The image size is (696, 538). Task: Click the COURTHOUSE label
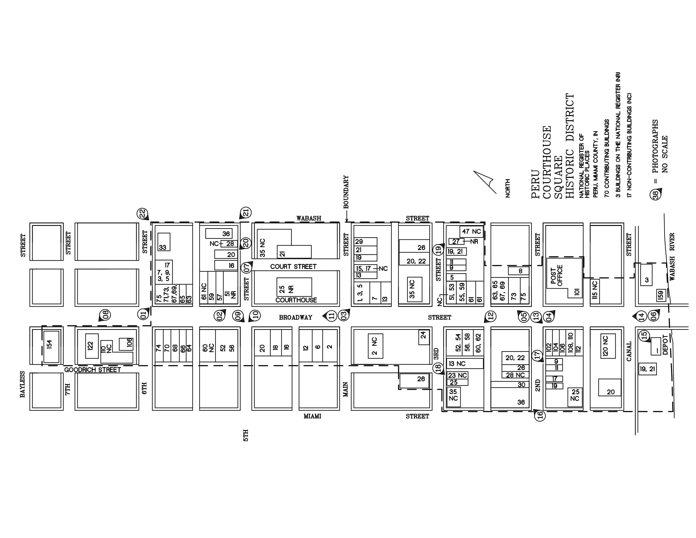point(296,300)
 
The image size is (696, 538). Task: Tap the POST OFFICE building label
point(556,275)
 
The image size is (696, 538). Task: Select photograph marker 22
point(142,213)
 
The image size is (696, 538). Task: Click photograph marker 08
point(105,315)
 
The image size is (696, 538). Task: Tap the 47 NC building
point(471,232)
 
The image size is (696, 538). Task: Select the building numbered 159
point(660,295)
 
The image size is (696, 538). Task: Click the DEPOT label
point(665,345)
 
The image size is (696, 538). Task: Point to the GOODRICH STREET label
point(92,370)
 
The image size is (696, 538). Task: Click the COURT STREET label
point(293,266)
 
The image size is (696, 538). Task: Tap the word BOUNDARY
point(346,192)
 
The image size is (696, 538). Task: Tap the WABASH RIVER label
point(672,257)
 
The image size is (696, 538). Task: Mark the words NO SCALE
point(664,154)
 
